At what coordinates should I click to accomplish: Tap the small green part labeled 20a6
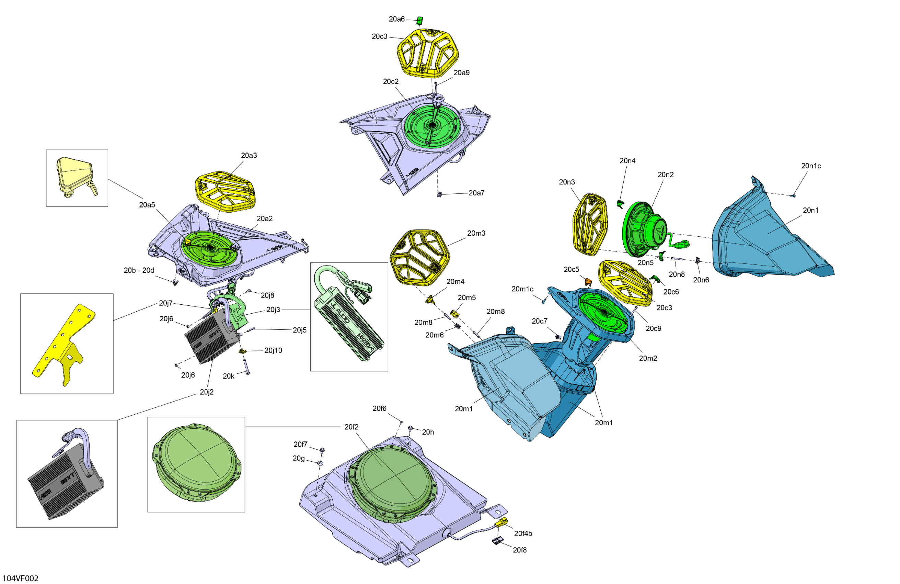(420, 20)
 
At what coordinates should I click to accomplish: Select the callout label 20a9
(461, 73)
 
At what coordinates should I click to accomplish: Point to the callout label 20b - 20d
(139, 270)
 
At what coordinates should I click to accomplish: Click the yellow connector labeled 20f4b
(501, 523)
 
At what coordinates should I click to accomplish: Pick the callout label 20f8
(520, 550)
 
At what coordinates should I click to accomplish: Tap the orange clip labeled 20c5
(588, 282)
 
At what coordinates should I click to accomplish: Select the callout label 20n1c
(811, 166)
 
